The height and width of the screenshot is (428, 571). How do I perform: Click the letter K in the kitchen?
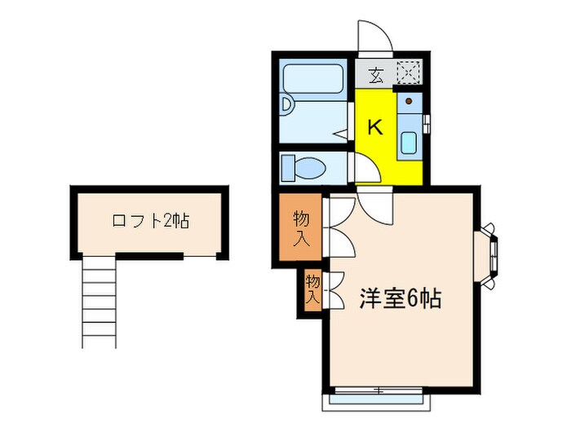(374, 127)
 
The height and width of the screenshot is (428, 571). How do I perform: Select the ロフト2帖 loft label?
(150, 220)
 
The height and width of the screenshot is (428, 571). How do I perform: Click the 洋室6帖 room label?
(400, 298)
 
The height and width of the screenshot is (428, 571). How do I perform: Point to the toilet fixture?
(303, 169)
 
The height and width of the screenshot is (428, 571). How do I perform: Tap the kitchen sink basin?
(409, 143)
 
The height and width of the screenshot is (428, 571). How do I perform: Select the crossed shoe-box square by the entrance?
(408, 74)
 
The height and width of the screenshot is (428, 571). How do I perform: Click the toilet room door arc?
(365, 168)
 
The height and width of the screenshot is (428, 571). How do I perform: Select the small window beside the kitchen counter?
(427, 123)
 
